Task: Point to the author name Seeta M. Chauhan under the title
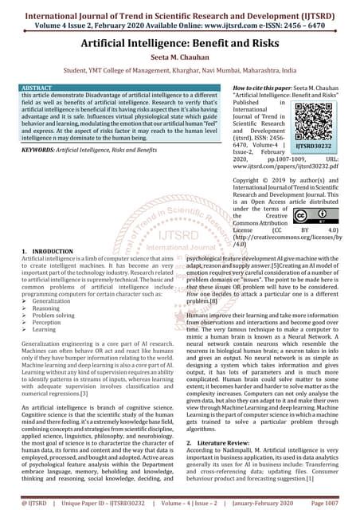pyautogui.click(x=180, y=57)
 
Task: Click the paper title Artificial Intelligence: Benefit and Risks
pyautogui.click(x=180, y=40)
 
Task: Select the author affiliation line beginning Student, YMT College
pyautogui.click(x=180, y=70)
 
